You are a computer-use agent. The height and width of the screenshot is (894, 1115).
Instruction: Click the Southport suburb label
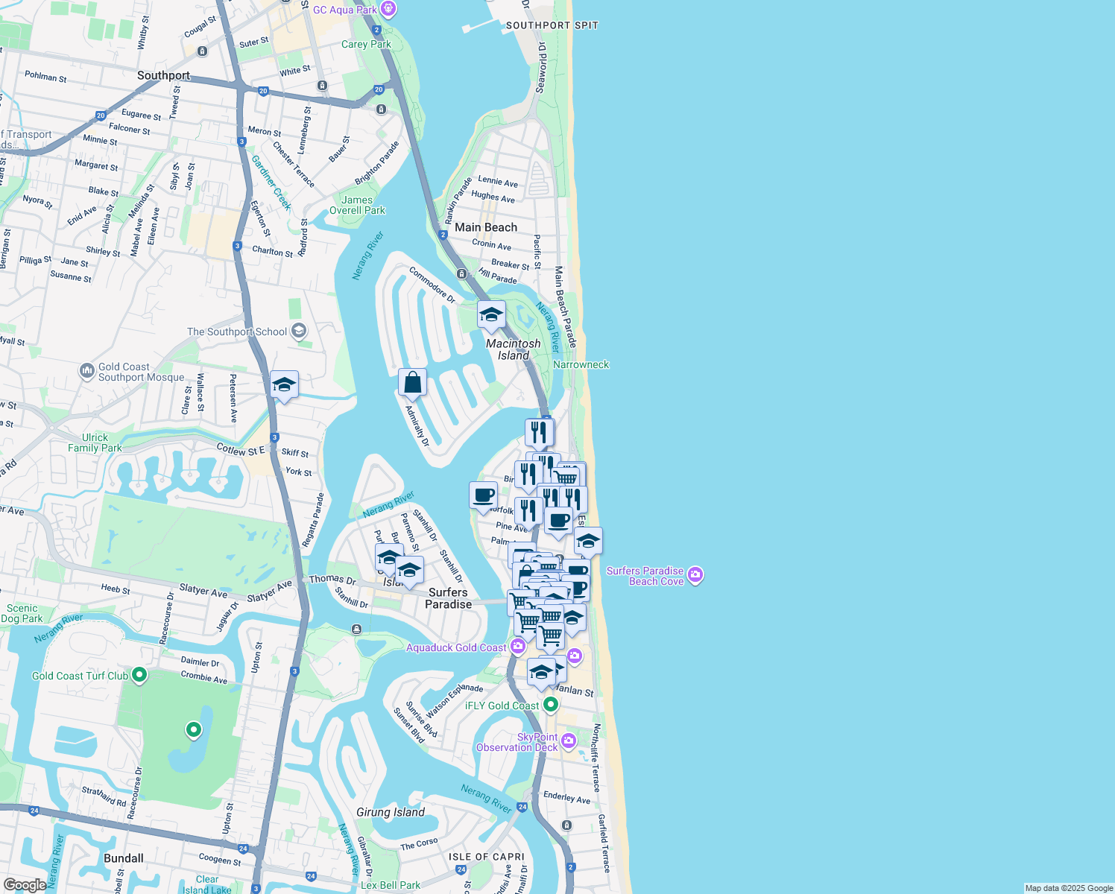163,75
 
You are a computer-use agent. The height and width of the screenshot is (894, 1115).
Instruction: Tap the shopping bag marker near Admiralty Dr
412,383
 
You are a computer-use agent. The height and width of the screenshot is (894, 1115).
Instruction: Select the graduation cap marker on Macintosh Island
491,315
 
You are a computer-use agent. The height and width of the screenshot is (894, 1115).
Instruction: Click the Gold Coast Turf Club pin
139,675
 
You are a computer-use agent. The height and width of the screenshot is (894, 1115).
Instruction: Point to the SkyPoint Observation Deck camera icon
569,741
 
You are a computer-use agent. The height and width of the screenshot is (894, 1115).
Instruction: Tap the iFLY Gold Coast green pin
551,704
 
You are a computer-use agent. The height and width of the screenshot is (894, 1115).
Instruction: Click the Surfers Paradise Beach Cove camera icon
695,574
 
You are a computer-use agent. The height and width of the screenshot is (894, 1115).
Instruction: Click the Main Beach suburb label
486,227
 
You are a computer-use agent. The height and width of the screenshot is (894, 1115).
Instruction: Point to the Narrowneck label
581,364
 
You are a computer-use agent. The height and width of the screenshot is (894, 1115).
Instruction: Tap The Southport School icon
299,331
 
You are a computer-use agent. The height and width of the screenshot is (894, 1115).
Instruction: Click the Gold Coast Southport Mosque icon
86,370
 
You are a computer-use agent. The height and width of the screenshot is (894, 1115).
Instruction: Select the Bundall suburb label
124,858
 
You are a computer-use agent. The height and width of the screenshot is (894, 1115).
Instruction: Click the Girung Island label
391,812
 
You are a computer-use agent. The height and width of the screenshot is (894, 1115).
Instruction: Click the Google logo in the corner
24,884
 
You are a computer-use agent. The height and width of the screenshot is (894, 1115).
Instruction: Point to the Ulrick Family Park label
95,443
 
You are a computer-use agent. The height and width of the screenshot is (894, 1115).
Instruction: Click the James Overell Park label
357,205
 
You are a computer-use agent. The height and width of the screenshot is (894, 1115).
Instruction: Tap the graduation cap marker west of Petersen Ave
284,385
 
